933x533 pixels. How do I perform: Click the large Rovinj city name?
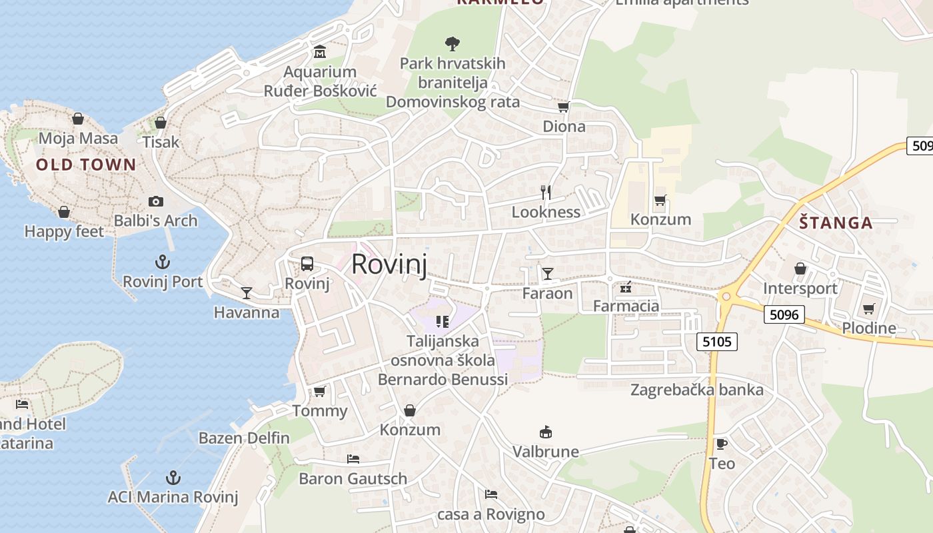(389, 264)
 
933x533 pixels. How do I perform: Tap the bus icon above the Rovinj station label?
(307, 264)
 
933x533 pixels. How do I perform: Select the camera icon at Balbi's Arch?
(156, 201)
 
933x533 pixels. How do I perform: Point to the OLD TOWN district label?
(86, 165)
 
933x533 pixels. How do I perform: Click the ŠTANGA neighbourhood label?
(836, 223)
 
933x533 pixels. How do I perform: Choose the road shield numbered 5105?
(717, 342)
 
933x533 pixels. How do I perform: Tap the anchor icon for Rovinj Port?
(162, 261)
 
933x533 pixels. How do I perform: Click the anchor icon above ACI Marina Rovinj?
(173, 478)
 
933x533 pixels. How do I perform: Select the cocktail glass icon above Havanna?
(247, 292)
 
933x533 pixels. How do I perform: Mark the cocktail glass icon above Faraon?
(548, 274)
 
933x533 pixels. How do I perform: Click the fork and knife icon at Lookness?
(546, 193)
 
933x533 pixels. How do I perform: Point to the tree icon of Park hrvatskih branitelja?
(453, 44)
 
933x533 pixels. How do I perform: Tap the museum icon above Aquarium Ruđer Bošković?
(320, 52)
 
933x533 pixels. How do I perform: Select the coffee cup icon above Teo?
(721, 444)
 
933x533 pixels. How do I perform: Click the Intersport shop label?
(800, 288)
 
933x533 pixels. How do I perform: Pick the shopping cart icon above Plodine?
(868, 308)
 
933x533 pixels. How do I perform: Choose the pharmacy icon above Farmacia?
(626, 288)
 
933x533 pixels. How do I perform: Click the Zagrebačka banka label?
(697, 390)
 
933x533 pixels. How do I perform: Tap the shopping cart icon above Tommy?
(320, 392)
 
